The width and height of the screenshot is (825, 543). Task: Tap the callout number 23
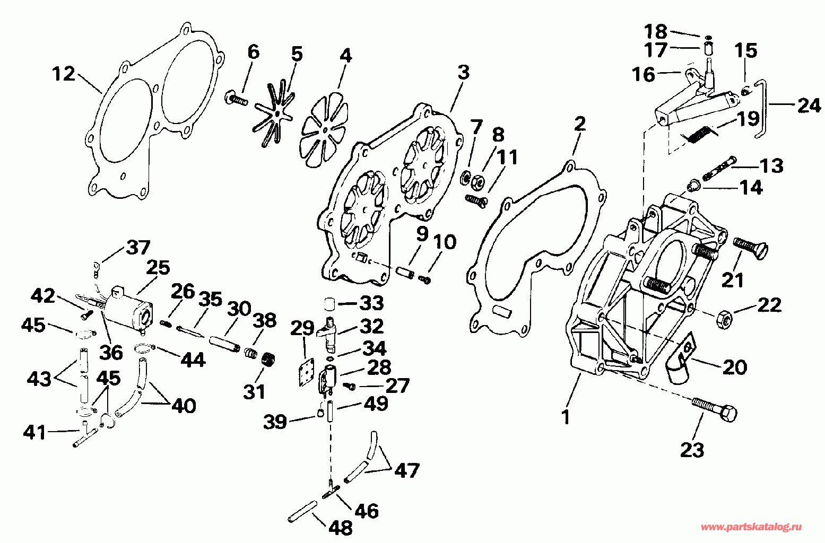pos(692,450)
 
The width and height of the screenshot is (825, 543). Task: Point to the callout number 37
pos(138,248)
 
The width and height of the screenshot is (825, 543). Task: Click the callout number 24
pos(809,106)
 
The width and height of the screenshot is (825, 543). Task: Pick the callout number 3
pos(463,72)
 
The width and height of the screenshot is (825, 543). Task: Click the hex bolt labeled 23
pos(714,410)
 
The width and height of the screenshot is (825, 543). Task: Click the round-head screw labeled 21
pos(750,248)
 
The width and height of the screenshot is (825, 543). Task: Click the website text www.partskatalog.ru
pos(751,527)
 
